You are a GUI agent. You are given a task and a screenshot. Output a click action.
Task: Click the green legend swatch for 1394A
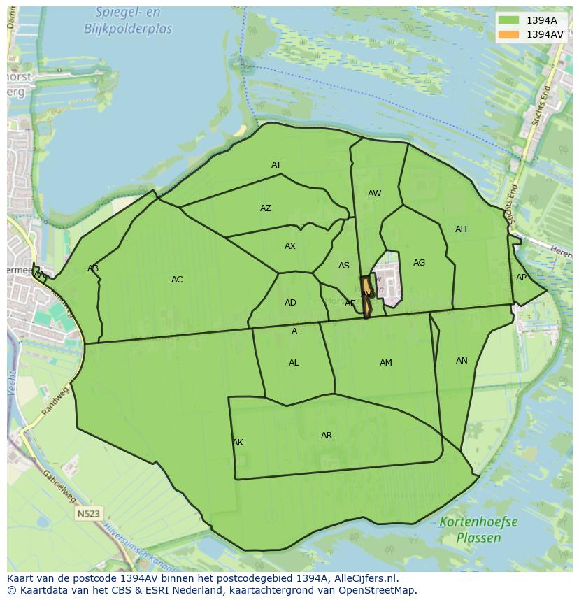(508, 20)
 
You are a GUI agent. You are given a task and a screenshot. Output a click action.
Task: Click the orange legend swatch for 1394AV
(508, 34)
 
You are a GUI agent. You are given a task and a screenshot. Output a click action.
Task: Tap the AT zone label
(276, 165)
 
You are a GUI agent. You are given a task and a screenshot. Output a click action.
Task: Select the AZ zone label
(266, 208)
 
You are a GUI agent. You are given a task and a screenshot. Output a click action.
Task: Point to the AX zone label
(290, 246)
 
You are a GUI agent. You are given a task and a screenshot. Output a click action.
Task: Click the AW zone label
(375, 194)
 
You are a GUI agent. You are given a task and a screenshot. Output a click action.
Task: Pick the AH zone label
(461, 229)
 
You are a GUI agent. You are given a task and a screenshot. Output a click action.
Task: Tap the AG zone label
(419, 263)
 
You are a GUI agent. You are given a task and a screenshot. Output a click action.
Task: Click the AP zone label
(521, 278)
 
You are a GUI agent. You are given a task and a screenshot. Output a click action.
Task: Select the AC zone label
(177, 280)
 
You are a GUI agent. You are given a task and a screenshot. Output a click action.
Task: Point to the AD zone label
(290, 303)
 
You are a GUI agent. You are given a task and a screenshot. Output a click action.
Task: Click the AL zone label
(294, 363)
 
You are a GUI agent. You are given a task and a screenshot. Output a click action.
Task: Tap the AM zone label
(386, 363)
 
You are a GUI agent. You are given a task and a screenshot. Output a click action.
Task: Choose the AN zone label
(462, 361)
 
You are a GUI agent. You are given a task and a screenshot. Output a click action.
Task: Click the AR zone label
(327, 436)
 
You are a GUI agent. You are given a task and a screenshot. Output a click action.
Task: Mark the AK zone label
(238, 443)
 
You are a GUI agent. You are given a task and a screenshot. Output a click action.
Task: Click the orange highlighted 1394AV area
(366, 297)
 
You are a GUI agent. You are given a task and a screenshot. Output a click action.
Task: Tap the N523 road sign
(89, 514)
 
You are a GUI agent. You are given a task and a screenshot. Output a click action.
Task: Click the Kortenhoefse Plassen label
(478, 530)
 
